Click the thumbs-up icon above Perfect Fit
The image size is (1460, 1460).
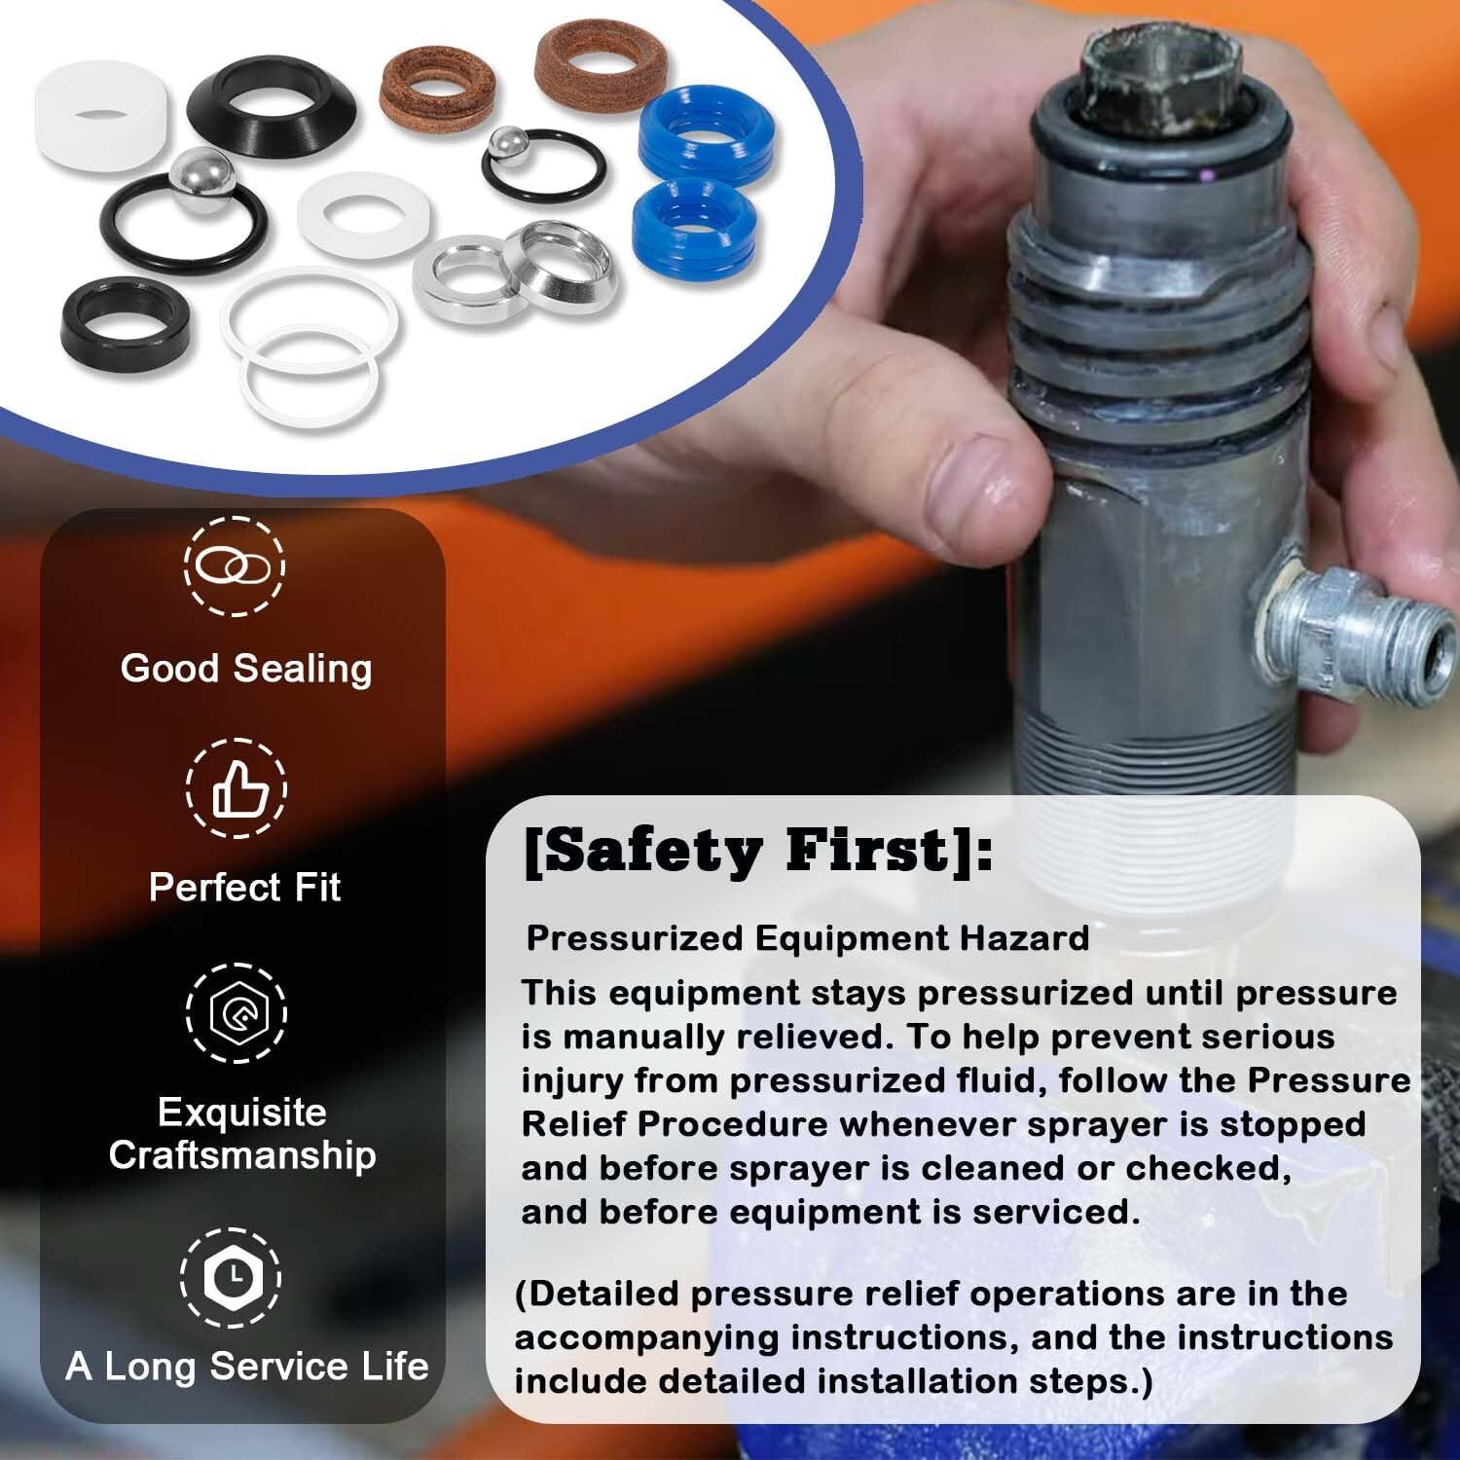coord(237,788)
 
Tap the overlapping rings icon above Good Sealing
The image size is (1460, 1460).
coord(235,566)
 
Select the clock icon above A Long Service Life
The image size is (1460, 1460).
coord(232,1276)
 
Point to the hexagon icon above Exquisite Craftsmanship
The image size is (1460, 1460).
coord(236,1012)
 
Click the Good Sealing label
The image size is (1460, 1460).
coord(246,669)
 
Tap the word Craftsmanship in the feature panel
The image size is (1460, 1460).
coord(242,1155)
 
